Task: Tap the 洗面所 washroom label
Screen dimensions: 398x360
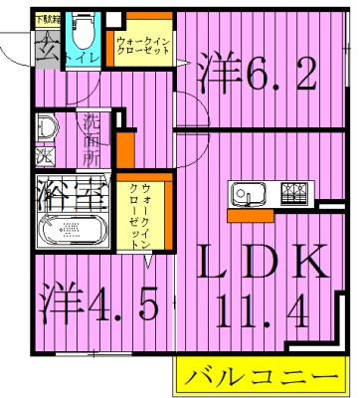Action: click(92, 140)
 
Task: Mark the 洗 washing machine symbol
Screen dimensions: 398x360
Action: click(45, 157)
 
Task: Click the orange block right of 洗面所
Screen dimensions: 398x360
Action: click(124, 147)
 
